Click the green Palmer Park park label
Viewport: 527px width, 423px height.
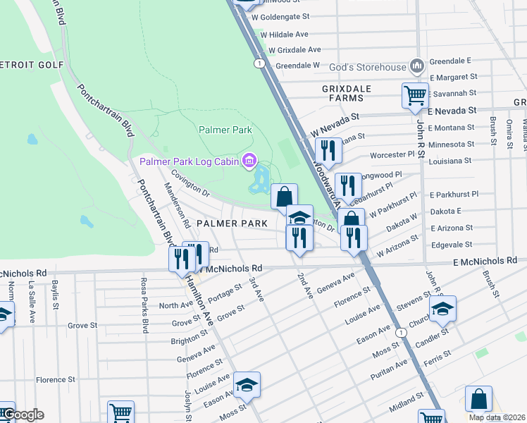tap(225, 130)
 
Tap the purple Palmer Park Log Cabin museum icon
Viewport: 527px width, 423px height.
tap(248, 162)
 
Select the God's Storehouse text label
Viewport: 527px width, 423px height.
tap(362, 68)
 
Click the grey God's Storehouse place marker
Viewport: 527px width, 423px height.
tap(416, 67)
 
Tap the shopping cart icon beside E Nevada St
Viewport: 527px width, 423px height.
tap(415, 95)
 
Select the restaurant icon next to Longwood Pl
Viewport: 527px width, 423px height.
tap(347, 185)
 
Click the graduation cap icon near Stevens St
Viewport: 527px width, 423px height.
tap(442, 309)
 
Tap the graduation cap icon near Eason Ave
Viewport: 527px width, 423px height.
tap(247, 384)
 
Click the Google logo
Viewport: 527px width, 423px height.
tap(23, 415)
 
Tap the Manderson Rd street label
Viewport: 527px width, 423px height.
tap(177, 205)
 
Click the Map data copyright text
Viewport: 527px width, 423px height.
tap(497, 417)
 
